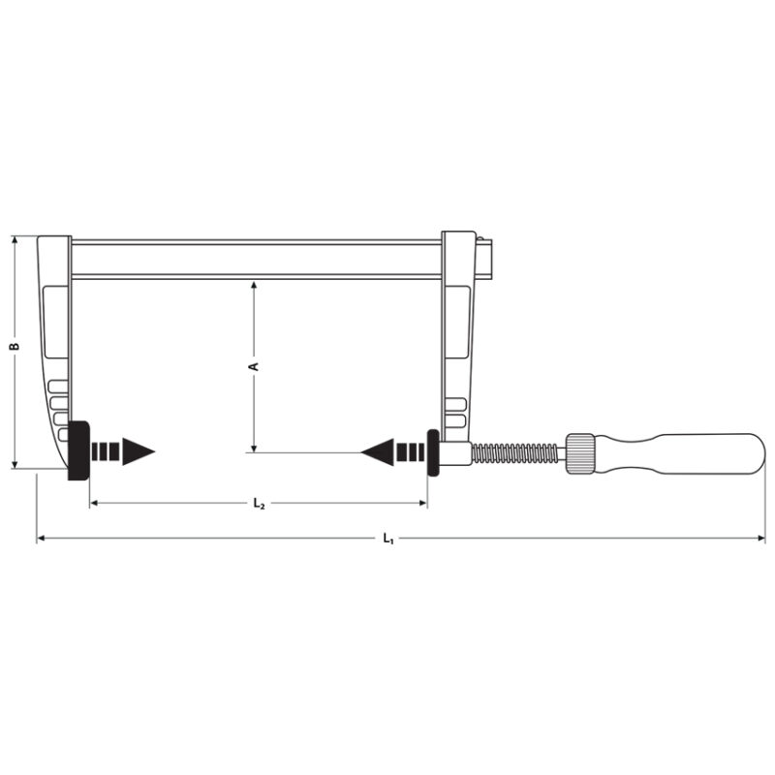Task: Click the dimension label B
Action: point(15,346)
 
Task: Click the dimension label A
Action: point(253,366)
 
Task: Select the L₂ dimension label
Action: point(259,504)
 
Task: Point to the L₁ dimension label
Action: point(388,539)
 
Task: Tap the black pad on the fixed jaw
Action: point(78,450)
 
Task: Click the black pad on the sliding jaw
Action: point(433,452)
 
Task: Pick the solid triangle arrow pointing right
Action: point(139,451)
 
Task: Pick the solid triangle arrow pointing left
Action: point(377,451)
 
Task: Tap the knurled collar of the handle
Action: point(579,453)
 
